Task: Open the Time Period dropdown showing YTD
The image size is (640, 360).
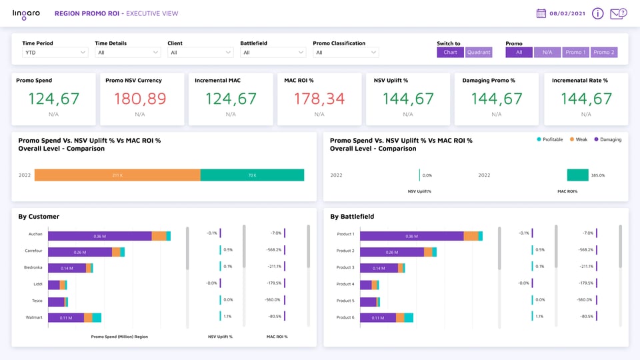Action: (55, 53)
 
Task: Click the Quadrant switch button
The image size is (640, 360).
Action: (478, 52)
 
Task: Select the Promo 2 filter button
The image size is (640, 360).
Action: (603, 52)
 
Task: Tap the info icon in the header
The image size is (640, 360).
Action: (597, 13)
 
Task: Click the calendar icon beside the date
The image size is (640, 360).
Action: (541, 13)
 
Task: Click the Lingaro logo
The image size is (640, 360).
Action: (27, 13)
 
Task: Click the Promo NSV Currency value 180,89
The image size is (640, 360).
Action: (139, 99)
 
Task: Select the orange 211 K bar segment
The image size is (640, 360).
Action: (117, 175)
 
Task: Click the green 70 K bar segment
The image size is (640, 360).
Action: (252, 175)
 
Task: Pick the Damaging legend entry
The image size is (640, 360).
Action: (608, 139)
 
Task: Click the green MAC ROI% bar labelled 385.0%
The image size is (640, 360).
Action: (577, 175)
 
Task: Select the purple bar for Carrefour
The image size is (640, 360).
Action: (80, 252)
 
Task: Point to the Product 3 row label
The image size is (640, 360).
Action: (345, 267)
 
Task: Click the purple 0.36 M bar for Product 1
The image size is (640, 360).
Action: (411, 235)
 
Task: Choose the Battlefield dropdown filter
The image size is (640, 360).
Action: (273, 53)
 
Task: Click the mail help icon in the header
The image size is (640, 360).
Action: (618, 13)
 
